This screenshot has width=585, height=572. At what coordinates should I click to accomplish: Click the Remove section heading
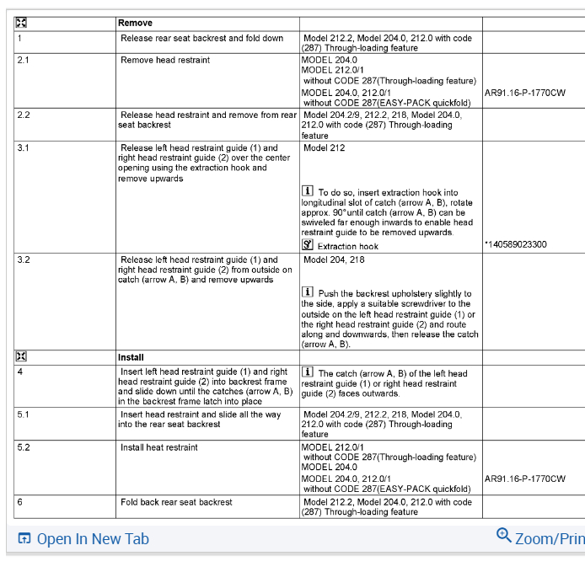tap(136, 24)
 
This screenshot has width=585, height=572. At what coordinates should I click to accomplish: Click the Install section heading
tap(131, 357)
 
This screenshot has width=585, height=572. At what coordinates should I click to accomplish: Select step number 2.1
tap(24, 61)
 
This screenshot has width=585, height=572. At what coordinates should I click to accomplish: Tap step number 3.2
tap(24, 260)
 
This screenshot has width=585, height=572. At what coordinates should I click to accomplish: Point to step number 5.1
tap(24, 414)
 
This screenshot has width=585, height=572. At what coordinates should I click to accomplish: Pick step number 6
tap(19, 502)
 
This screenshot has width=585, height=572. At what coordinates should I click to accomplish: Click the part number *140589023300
tap(516, 245)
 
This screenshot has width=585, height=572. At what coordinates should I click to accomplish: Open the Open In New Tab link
tap(93, 539)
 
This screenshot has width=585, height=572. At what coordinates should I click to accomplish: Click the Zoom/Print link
tap(548, 538)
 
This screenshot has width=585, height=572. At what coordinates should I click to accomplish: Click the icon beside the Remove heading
tap(21, 24)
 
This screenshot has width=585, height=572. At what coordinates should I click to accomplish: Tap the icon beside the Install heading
tap(21, 357)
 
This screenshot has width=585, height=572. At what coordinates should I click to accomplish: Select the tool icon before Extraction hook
tap(308, 245)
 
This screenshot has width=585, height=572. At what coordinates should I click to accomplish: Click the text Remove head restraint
tap(165, 61)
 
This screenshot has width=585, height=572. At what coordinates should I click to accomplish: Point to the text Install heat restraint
tap(159, 447)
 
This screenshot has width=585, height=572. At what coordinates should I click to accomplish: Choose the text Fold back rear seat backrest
tap(176, 502)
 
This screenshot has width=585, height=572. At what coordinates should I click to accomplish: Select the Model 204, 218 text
tap(334, 260)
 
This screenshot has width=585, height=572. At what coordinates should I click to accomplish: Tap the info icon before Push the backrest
tap(308, 293)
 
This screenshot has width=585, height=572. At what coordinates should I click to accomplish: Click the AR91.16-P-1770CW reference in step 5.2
tap(525, 479)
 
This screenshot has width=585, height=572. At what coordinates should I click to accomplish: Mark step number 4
tap(19, 372)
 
